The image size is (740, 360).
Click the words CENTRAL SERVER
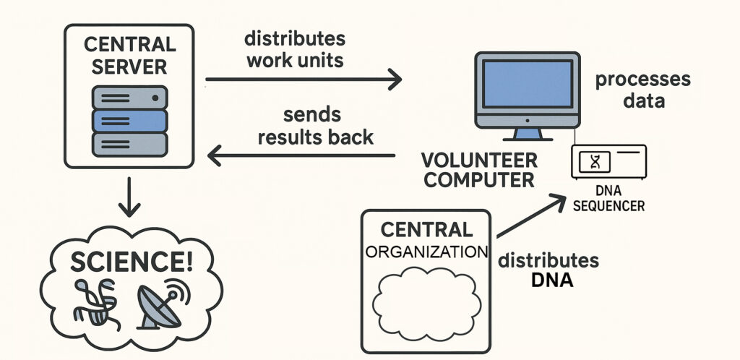[130, 55]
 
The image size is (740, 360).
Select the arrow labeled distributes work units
[304, 78]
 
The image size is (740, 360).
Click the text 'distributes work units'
[294, 48]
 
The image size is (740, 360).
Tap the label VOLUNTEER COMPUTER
[480, 169]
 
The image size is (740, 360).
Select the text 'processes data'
[642, 90]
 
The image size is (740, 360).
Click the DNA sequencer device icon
[608, 162]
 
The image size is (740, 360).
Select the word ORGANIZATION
[426, 252]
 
